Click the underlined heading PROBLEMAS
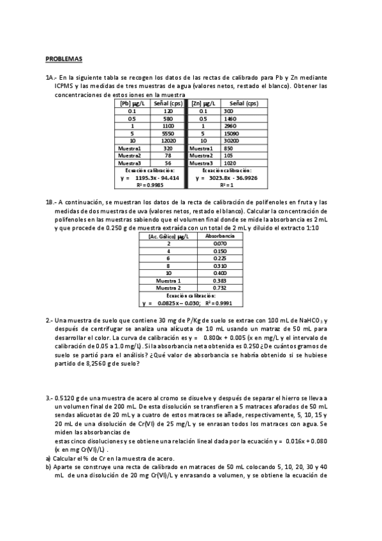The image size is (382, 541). [64, 59]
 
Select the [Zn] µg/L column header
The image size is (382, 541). [203, 103]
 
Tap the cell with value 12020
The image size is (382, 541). [168, 140]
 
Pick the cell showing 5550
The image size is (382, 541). [168, 133]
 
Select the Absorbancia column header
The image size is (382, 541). [220, 236]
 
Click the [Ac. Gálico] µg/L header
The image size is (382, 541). [169, 236]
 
